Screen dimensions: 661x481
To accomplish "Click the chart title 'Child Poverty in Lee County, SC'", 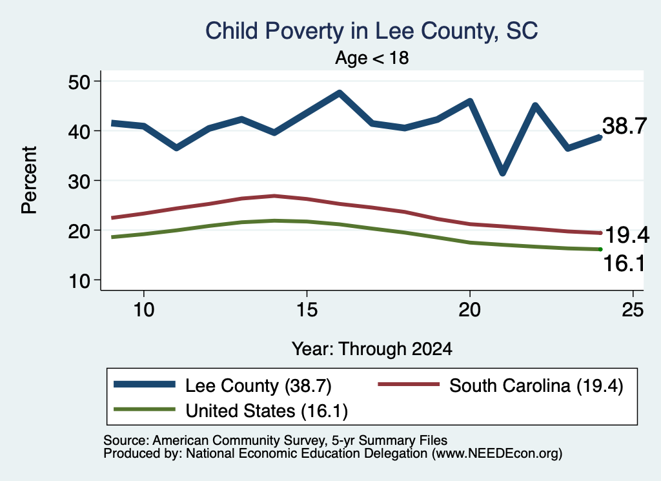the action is point(371,31).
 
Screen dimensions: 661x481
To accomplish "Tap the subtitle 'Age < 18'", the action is point(372,57).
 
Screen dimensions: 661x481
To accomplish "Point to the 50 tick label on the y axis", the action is point(79,81).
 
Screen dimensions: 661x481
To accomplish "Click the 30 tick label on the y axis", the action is point(79,181).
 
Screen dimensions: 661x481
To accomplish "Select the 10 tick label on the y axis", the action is point(79,281).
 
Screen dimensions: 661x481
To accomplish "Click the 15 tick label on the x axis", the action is point(307,310).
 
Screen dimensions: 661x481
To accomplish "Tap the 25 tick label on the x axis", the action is point(633,310).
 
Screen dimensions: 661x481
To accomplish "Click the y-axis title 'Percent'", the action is point(29,180).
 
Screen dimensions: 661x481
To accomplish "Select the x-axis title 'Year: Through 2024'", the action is point(372,349).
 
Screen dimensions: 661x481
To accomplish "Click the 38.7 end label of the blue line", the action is point(624,126).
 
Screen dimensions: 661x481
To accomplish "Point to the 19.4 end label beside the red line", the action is point(627,235).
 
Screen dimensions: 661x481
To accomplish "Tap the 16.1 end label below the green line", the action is point(624,263).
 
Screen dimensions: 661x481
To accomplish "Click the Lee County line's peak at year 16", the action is point(340,93).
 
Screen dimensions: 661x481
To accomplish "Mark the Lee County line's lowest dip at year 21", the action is point(502,172).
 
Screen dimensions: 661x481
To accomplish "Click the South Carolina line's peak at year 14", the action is point(274,196).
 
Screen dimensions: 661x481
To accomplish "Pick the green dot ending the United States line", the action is point(600,249).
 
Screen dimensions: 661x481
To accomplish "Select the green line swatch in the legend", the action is point(145,409).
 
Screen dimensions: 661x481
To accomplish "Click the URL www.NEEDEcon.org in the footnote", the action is point(496,454).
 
